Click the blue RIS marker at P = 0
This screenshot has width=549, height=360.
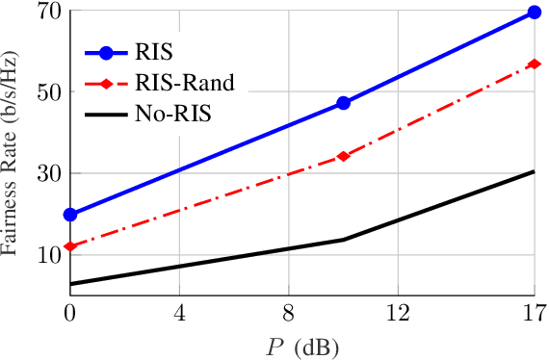click(x=70, y=214)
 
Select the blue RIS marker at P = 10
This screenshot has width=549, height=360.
click(x=343, y=103)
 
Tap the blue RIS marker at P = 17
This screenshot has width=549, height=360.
click(x=535, y=13)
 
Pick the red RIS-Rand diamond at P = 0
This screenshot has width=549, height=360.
click(x=70, y=246)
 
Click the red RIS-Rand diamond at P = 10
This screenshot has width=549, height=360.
click(x=343, y=156)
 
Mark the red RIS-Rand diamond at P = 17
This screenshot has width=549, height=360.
click(x=535, y=64)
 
